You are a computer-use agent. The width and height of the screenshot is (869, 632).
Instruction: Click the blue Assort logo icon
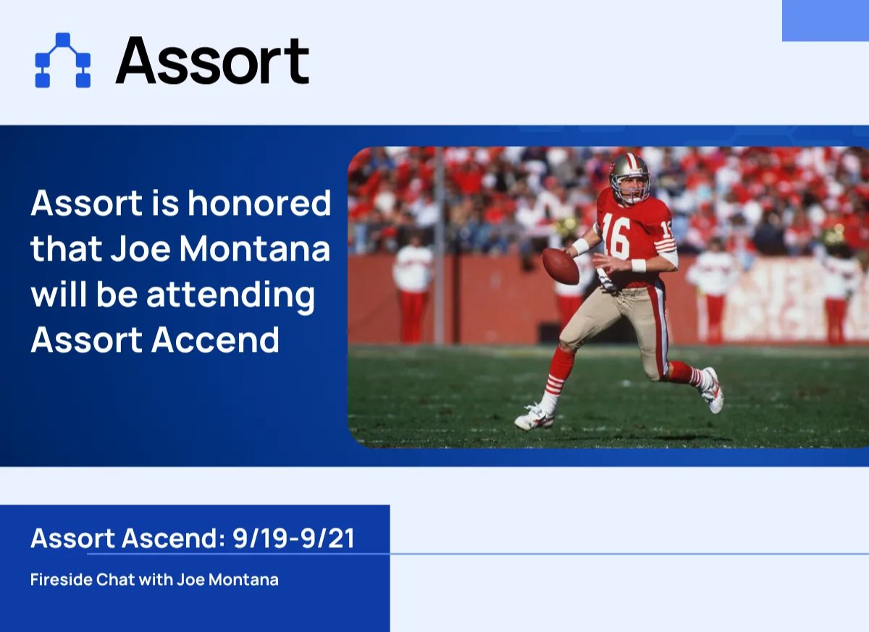click(62, 60)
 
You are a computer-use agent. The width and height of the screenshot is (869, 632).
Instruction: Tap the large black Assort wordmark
click(212, 61)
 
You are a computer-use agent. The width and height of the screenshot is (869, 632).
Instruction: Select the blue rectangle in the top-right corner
click(825, 20)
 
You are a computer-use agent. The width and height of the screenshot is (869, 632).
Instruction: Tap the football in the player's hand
click(561, 266)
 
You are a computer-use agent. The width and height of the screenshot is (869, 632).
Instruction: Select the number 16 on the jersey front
click(616, 235)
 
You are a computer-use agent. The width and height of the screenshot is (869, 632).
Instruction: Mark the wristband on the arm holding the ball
click(581, 246)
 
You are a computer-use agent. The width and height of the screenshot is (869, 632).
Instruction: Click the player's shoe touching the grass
click(534, 417)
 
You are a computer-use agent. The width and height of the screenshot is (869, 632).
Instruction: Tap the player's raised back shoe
click(713, 390)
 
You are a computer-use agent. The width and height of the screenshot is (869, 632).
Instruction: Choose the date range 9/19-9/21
click(293, 539)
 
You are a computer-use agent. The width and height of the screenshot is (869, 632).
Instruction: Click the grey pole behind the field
click(439, 246)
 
